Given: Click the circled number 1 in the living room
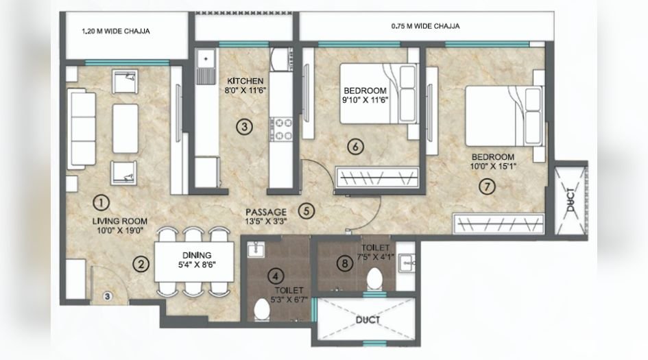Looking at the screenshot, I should pyautogui.click(x=101, y=202).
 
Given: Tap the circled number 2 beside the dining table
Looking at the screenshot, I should pyautogui.click(x=141, y=263).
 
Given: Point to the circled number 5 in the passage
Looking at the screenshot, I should pyautogui.click(x=307, y=211).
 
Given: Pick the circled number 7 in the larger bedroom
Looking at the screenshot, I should pyautogui.click(x=486, y=186).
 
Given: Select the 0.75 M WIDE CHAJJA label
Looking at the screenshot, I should pyautogui.click(x=425, y=26).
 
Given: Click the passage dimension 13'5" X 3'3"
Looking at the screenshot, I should pyautogui.click(x=267, y=222).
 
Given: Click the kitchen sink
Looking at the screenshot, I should pyautogui.click(x=204, y=68).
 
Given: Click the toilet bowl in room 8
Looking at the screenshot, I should pyautogui.click(x=375, y=279).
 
